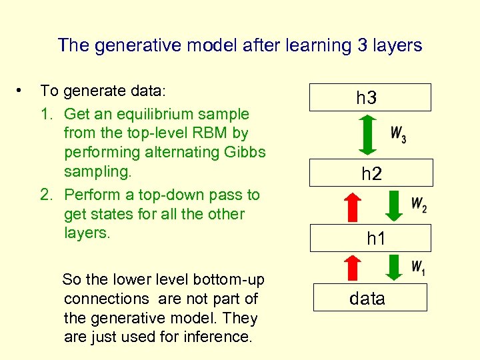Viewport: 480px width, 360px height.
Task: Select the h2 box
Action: click(x=371, y=173)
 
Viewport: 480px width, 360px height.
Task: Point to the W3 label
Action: click(x=399, y=135)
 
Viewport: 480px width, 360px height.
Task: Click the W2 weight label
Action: click(x=419, y=205)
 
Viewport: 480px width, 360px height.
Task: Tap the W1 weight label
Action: click(x=418, y=268)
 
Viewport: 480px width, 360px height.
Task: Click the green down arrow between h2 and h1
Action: click(x=395, y=206)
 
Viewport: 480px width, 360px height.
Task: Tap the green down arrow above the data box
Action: click(x=395, y=267)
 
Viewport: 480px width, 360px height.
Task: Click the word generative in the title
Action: click(x=124, y=45)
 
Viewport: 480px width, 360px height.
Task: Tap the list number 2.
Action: click(x=46, y=195)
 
